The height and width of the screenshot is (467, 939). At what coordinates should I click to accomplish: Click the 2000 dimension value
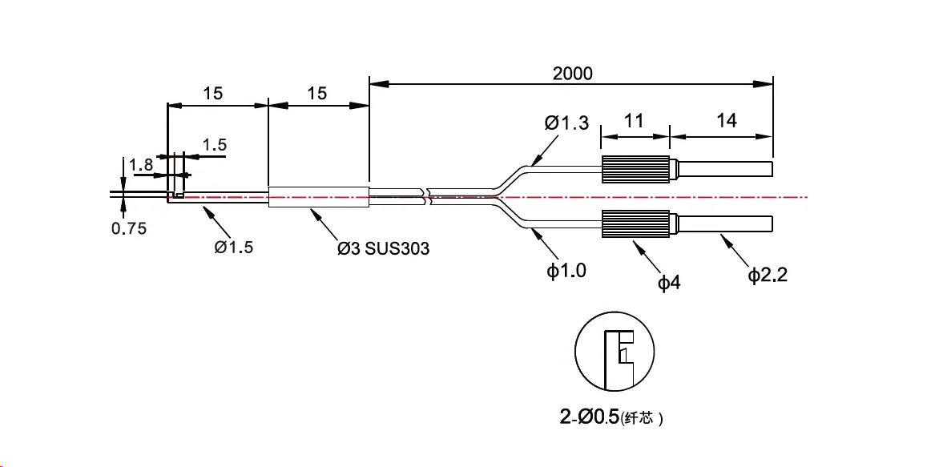point(572,74)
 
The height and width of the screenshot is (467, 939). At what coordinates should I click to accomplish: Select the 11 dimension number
point(634,121)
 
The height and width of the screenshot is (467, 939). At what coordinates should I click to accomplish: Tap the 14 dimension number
point(726,121)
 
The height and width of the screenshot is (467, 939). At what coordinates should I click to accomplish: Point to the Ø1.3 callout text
point(566,123)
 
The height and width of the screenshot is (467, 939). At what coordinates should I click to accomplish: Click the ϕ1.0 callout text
point(566,271)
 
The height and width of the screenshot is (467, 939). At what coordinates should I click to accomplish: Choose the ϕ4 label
point(669,283)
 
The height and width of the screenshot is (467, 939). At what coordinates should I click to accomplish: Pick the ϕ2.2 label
point(768,276)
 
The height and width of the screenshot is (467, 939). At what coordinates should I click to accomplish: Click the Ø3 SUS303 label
point(383,248)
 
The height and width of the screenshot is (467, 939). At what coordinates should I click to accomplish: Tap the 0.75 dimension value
point(129,229)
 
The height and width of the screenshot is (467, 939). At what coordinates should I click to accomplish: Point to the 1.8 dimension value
point(141,165)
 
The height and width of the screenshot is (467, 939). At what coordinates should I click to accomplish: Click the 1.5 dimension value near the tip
point(214,145)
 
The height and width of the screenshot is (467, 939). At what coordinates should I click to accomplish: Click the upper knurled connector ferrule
point(635,169)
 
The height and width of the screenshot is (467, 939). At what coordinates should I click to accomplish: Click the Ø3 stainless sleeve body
point(317,197)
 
